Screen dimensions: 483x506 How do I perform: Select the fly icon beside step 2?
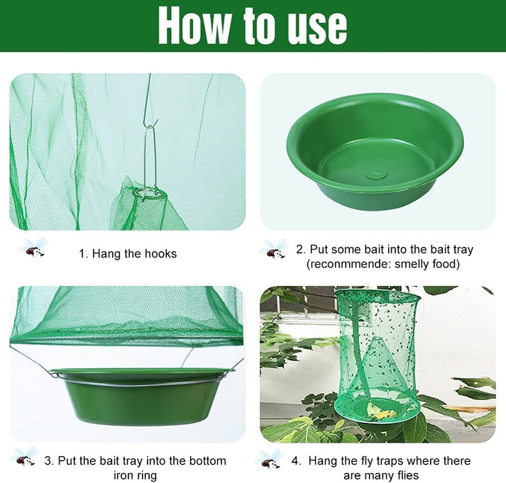tap(274, 249)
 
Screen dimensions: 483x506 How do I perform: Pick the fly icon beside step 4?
tap(270, 459)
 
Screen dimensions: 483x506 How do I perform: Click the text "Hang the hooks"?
tap(135, 253)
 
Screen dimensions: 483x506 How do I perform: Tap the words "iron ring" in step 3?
tap(136, 475)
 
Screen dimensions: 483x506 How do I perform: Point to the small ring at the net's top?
tap(147, 191)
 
